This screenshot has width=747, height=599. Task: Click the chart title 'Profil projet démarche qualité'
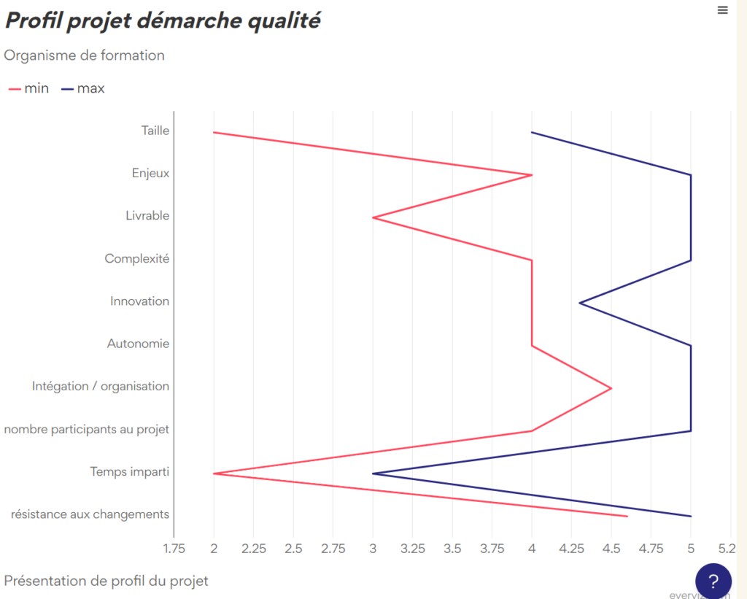tap(163, 20)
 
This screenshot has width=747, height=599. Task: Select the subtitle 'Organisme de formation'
tap(85, 55)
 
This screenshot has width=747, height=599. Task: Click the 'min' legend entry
tap(29, 88)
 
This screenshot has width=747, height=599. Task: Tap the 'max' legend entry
tap(83, 88)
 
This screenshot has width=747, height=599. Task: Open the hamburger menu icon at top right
tap(722, 10)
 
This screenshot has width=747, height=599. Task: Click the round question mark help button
tap(713, 581)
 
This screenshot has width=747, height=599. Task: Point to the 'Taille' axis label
tap(155, 131)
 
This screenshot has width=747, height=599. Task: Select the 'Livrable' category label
tap(147, 216)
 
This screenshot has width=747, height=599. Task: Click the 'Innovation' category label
tap(139, 301)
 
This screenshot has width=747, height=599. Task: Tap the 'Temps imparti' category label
tap(130, 471)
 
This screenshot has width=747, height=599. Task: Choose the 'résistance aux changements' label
tap(90, 514)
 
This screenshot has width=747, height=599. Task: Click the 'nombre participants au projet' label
tap(87, 429)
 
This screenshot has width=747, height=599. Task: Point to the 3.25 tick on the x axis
tap(412, 548)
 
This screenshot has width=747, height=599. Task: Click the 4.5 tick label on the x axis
tap(611, 548)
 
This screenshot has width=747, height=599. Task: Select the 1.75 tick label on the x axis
tap(174, 548)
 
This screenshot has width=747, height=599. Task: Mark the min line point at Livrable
tap(373, 217)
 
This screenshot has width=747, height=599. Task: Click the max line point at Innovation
tap(579, 303)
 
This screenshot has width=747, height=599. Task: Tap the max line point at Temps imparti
tap(373, 474)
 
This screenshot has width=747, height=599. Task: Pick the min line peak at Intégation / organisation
tap(611, 388)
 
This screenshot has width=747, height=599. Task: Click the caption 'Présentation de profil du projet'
tap(107, 581)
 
